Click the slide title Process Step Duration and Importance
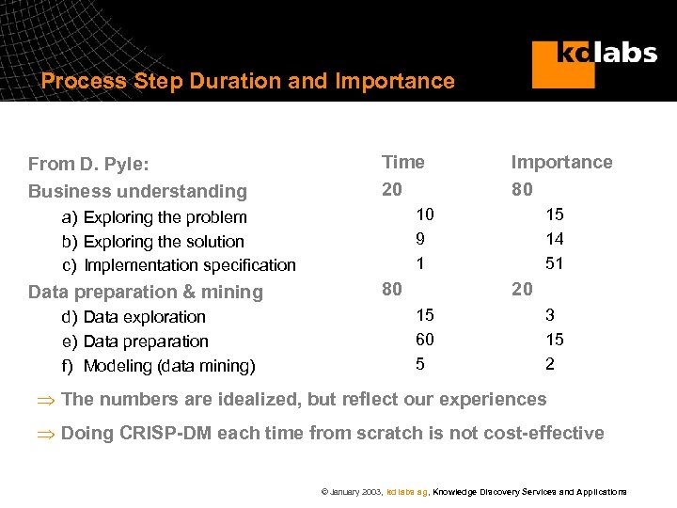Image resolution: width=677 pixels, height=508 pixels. click(247, 81)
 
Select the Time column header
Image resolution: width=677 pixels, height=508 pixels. click(402, 162)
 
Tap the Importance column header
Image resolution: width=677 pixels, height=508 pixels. click(560, 162)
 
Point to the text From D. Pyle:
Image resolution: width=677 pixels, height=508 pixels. click(88, 164)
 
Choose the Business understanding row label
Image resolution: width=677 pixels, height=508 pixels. click(137, 191)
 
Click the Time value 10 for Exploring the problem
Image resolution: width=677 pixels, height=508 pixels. click(426, 214)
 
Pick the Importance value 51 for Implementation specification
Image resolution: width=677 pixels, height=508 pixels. click(555, 263)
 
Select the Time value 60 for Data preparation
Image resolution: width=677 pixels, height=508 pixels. click(426, 339)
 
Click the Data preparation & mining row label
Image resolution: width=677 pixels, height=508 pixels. click(146, 292)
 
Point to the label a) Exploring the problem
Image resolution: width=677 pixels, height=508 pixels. click(154, 217)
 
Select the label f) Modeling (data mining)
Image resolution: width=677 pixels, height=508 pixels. click(158, 366)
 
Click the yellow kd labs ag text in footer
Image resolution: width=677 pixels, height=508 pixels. click(408, 492)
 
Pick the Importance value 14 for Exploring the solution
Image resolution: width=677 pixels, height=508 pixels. click(555, 239)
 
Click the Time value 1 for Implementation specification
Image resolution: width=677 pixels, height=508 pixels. click(419, 263)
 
